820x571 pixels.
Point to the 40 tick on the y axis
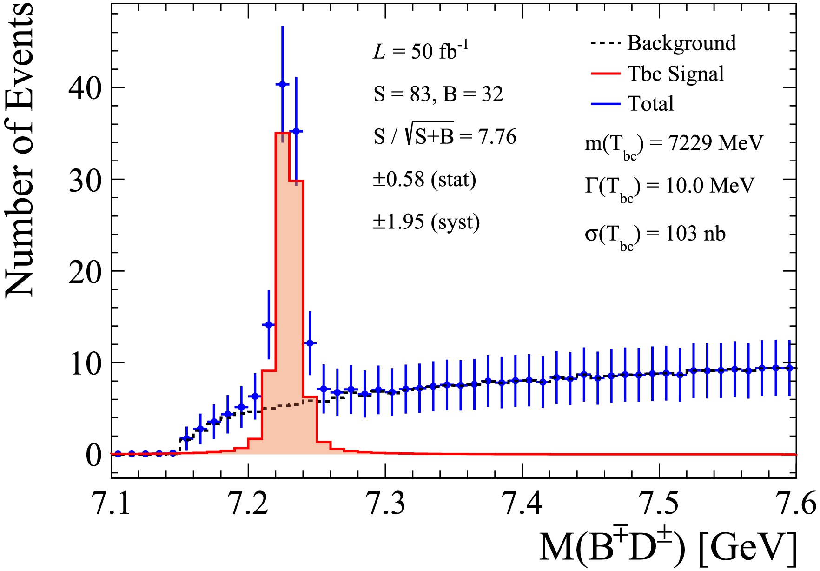85,87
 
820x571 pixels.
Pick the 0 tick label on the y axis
93,455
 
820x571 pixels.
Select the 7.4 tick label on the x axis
522,504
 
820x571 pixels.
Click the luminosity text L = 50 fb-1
421,51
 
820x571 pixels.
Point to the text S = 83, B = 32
438,94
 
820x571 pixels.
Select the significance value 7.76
497,137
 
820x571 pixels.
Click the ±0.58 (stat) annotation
424,180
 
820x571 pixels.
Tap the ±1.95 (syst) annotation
426,222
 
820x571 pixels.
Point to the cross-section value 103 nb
695,233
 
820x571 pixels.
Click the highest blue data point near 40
282,84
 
